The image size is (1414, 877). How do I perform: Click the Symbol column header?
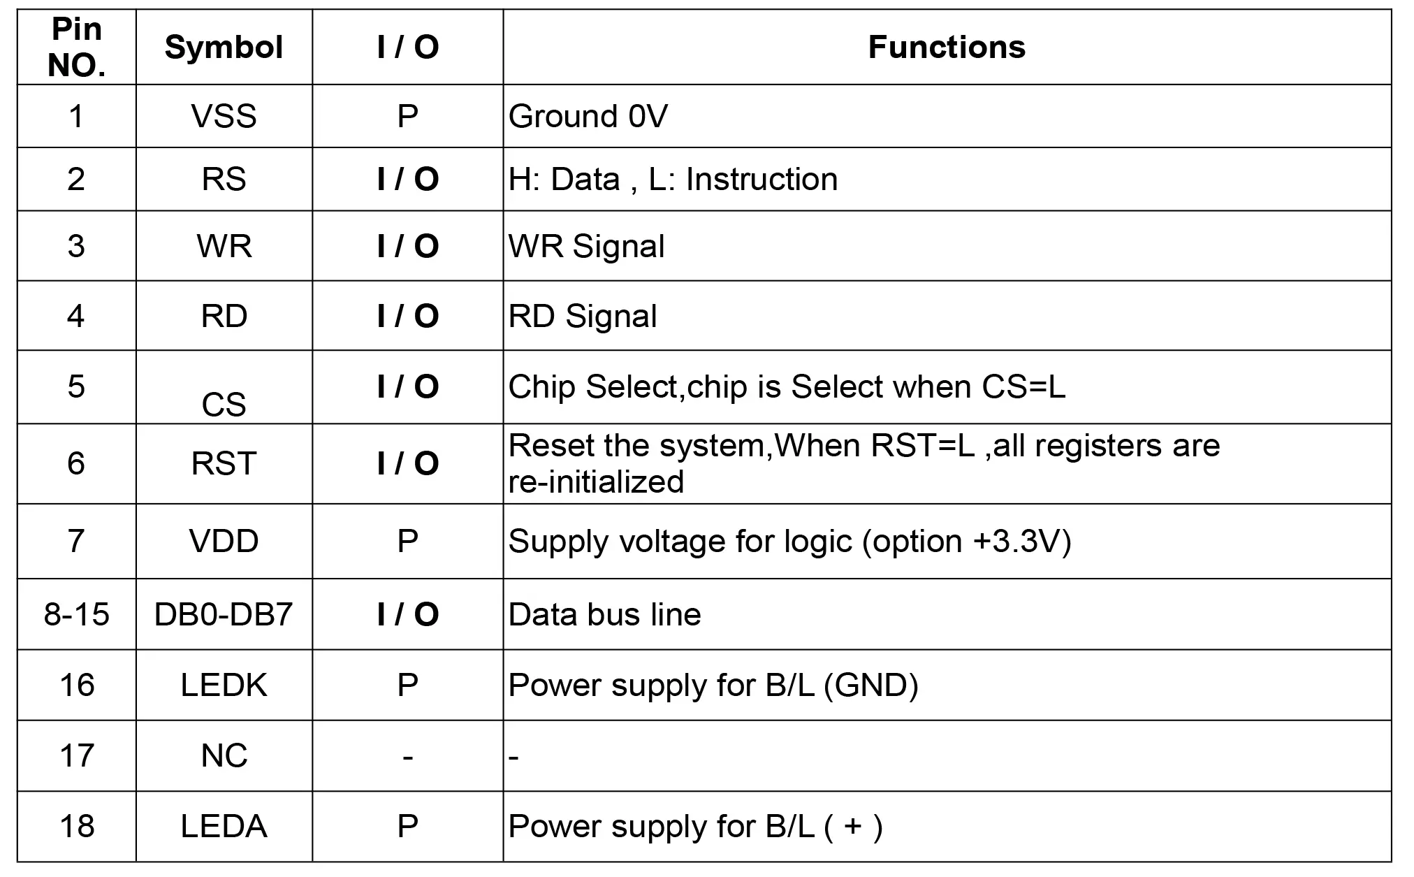pyautogui.click(x=224, y=48)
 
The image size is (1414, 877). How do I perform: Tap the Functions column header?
pyautogui.click(x=947, y=48)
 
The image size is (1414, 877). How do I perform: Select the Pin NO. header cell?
pyautogui.click(x=77, y=48)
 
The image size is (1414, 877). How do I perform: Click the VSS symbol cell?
pyautogui.click(x=224, y=116)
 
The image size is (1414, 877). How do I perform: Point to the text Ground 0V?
pyautogui.click(x=588, y=116)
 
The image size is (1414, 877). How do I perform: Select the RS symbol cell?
pyautogui.click(x=224, y=179)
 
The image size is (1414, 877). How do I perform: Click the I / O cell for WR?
pyautogui.click(x=408, y=246)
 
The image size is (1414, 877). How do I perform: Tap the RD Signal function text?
pyautogui.click(x=583, y=316)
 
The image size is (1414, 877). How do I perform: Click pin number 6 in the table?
pyautogui.click(x=76, y=463)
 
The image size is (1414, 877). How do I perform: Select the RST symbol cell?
pyautogui.click(x=224, y=463)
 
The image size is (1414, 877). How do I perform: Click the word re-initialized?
pyautogui.click(x=596, y=482)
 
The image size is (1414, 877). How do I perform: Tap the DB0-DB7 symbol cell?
pyautogui.click(x=224, y=614)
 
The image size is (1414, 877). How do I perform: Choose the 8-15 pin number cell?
pyautogui.click(x=76, y=614)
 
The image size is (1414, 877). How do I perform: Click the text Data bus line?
pyautogui.click(x=604, y=615)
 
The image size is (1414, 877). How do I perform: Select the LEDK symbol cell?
pyautogui.click(x=224, y=685)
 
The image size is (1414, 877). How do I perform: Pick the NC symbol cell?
pyautogui.click(x=224, y=755)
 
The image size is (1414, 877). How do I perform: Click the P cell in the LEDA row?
pyautogui.click(x=408, y=826)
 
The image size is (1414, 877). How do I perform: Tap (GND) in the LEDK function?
pyautogui.click(x=871, y=686)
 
